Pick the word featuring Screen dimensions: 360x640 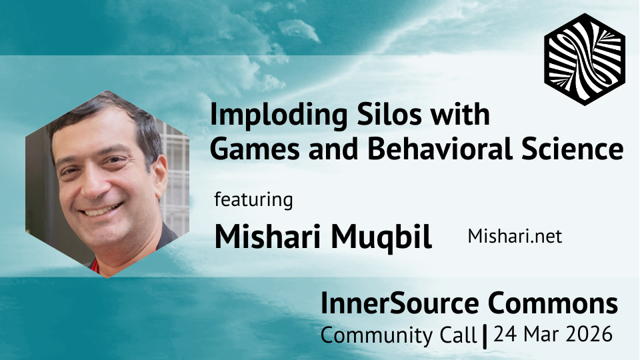[253, 199]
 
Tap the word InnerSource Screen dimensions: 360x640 [400, 304]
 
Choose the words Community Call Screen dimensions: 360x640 [399, 335]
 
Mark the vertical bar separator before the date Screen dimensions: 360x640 [486, 335]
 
